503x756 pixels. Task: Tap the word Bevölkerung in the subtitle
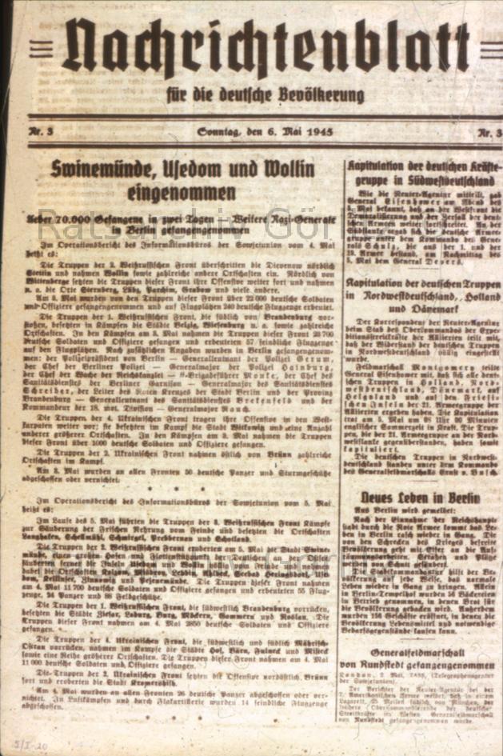[x=321, y=95]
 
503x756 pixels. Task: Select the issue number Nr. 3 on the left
[x=42, y=131]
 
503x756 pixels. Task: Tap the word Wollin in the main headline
[x=300, y=169]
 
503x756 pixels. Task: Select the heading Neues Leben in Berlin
[x=419, y=497]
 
